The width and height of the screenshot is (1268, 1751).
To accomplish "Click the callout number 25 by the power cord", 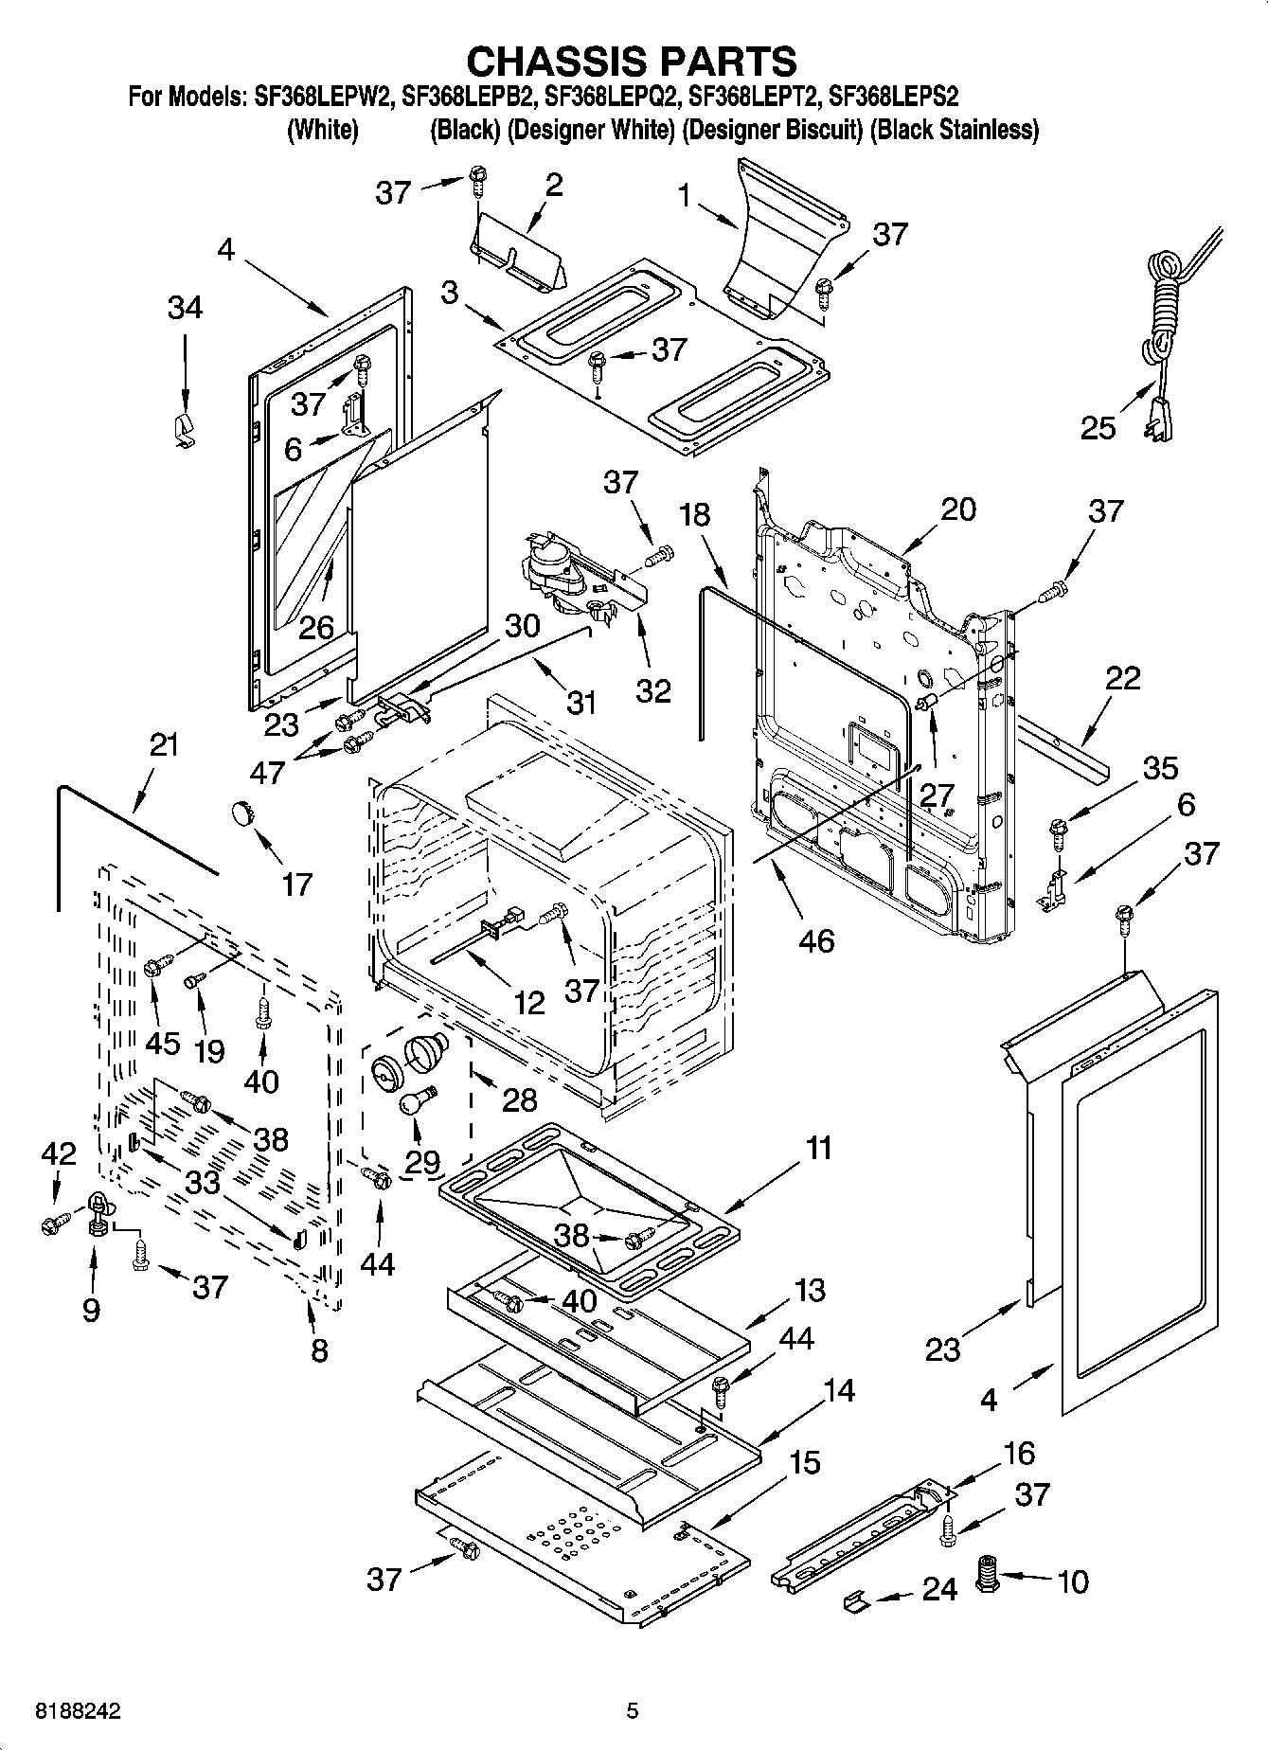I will [1098, 428].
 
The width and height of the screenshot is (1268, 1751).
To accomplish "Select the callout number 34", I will [186, 308].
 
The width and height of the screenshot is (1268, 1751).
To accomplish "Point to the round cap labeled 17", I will [244, 813].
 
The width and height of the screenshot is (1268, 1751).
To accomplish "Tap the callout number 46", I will [816, 940].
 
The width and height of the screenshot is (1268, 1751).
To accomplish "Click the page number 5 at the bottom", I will [633, 1711].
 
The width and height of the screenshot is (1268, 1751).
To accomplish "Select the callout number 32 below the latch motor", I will [653, 689].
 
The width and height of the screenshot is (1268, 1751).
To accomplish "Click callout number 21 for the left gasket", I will [164, 744].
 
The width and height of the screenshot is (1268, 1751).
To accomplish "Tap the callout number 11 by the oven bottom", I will [818, 1149].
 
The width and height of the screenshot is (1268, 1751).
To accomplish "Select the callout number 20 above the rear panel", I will [957, 509].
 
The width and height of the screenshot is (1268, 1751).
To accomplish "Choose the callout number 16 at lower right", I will [1018, 1453].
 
